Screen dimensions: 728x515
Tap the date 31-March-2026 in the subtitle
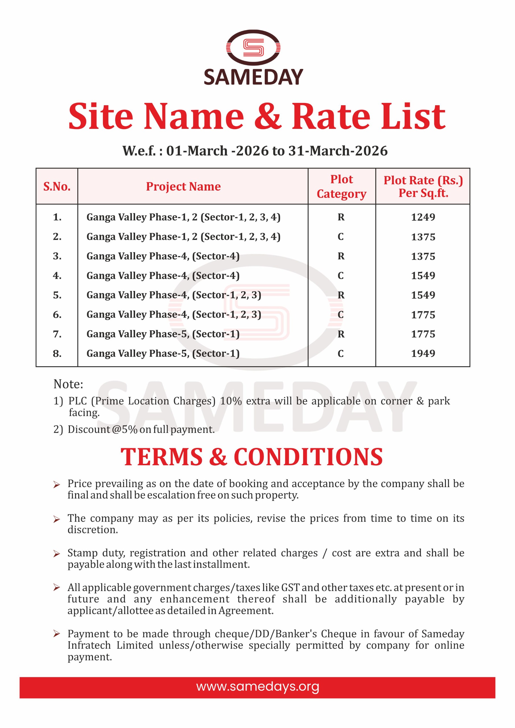tap(338, 151)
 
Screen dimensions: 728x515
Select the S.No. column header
tap(57, 187)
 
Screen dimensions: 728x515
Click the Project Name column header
tap(183, 187)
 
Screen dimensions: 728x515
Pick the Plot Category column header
tap(342, 187)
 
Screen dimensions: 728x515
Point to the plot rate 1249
tap(423, 217)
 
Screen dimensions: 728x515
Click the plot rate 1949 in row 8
tap(423, 353)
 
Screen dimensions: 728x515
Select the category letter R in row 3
tap(341, 256)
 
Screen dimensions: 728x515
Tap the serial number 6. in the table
tap(57, 315)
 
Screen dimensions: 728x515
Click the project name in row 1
tap(183, 217)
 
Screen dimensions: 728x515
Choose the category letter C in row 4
tap(341, 276)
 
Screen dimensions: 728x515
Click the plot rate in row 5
tap(423, 295)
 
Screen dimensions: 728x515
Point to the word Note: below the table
tap(68, 384)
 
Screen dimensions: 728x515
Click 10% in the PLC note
tap(231, 401)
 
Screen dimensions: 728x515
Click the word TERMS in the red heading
tap(162, 457)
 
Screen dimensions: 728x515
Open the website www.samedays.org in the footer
tap(258, 686)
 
